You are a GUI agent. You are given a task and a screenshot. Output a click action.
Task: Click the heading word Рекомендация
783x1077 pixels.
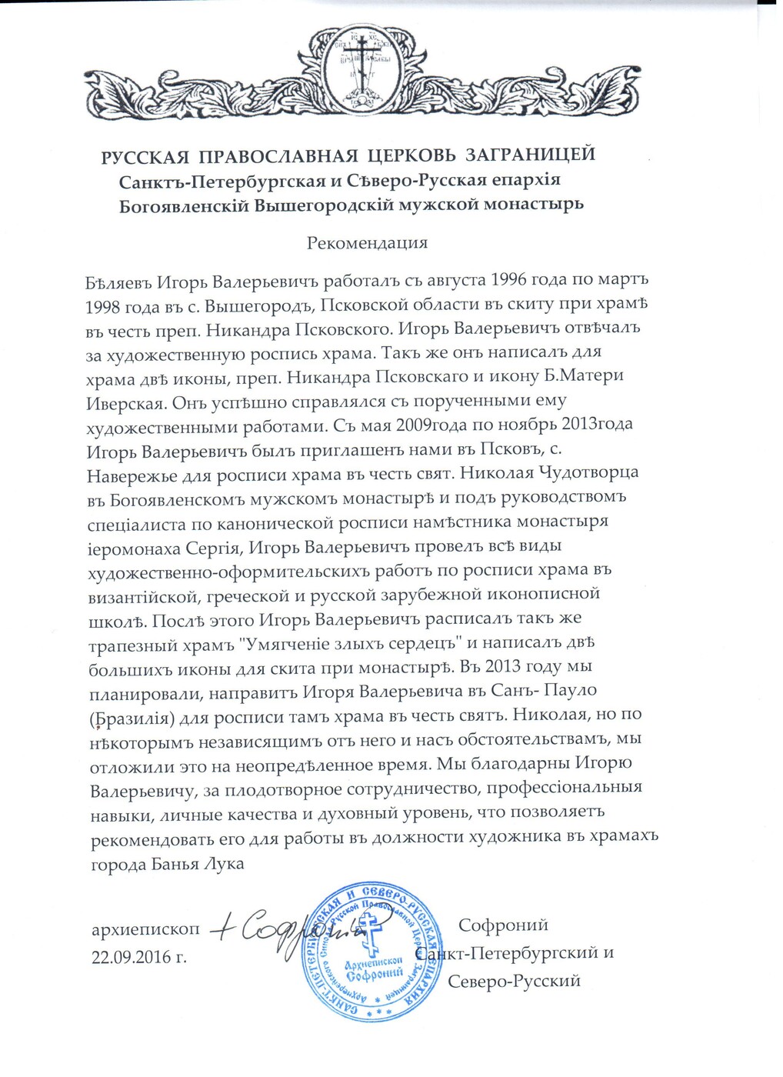tap(367, 244)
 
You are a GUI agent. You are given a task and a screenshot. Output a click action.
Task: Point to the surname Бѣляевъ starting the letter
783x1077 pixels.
tap(119, 280)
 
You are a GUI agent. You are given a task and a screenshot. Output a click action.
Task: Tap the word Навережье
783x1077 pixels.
tap(132, 474)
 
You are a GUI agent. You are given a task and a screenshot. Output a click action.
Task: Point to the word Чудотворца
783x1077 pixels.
tap(590, 472)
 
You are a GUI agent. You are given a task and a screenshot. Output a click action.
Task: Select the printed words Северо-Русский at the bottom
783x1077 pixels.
tap(514, 981)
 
